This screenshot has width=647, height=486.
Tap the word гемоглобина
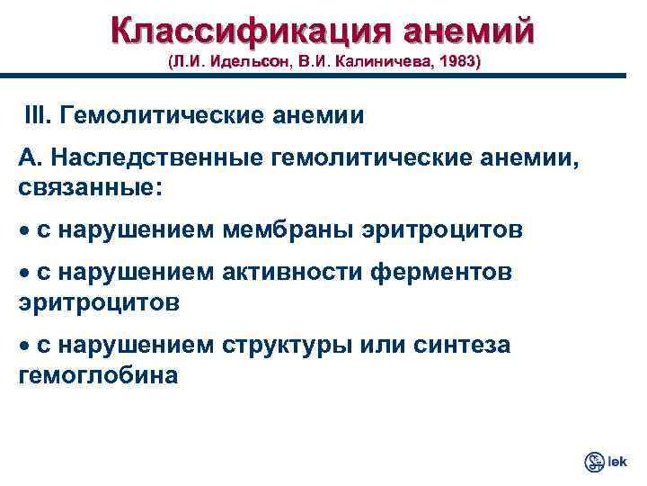[x=98, y=373]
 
